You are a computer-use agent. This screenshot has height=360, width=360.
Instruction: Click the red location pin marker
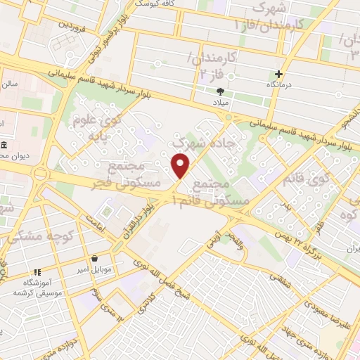pos(181,167)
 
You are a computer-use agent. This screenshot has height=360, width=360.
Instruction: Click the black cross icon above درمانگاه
pos(280,74)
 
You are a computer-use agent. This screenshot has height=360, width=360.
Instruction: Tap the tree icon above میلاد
pos(221,91)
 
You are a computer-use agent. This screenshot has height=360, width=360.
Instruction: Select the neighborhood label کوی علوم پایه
pos(96,129)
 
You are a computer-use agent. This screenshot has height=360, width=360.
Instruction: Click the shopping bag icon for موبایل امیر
pos(94,259)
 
